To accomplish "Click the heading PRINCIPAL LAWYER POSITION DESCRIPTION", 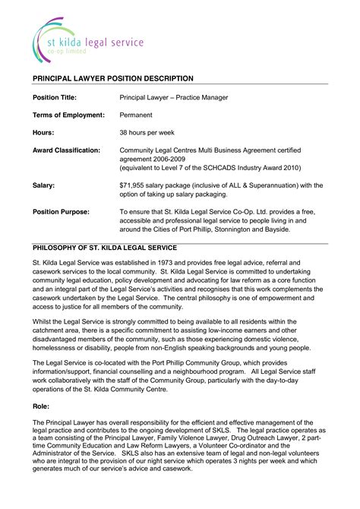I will pos(112,78).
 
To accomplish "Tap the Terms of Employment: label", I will pos(68,115).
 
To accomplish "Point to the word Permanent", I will pos(137,115).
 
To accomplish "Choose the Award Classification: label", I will pos(66,150).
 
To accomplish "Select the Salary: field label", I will pos(43,185).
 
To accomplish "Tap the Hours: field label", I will pos(43,132).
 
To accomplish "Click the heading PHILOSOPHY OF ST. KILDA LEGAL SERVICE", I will pos(104,248).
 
